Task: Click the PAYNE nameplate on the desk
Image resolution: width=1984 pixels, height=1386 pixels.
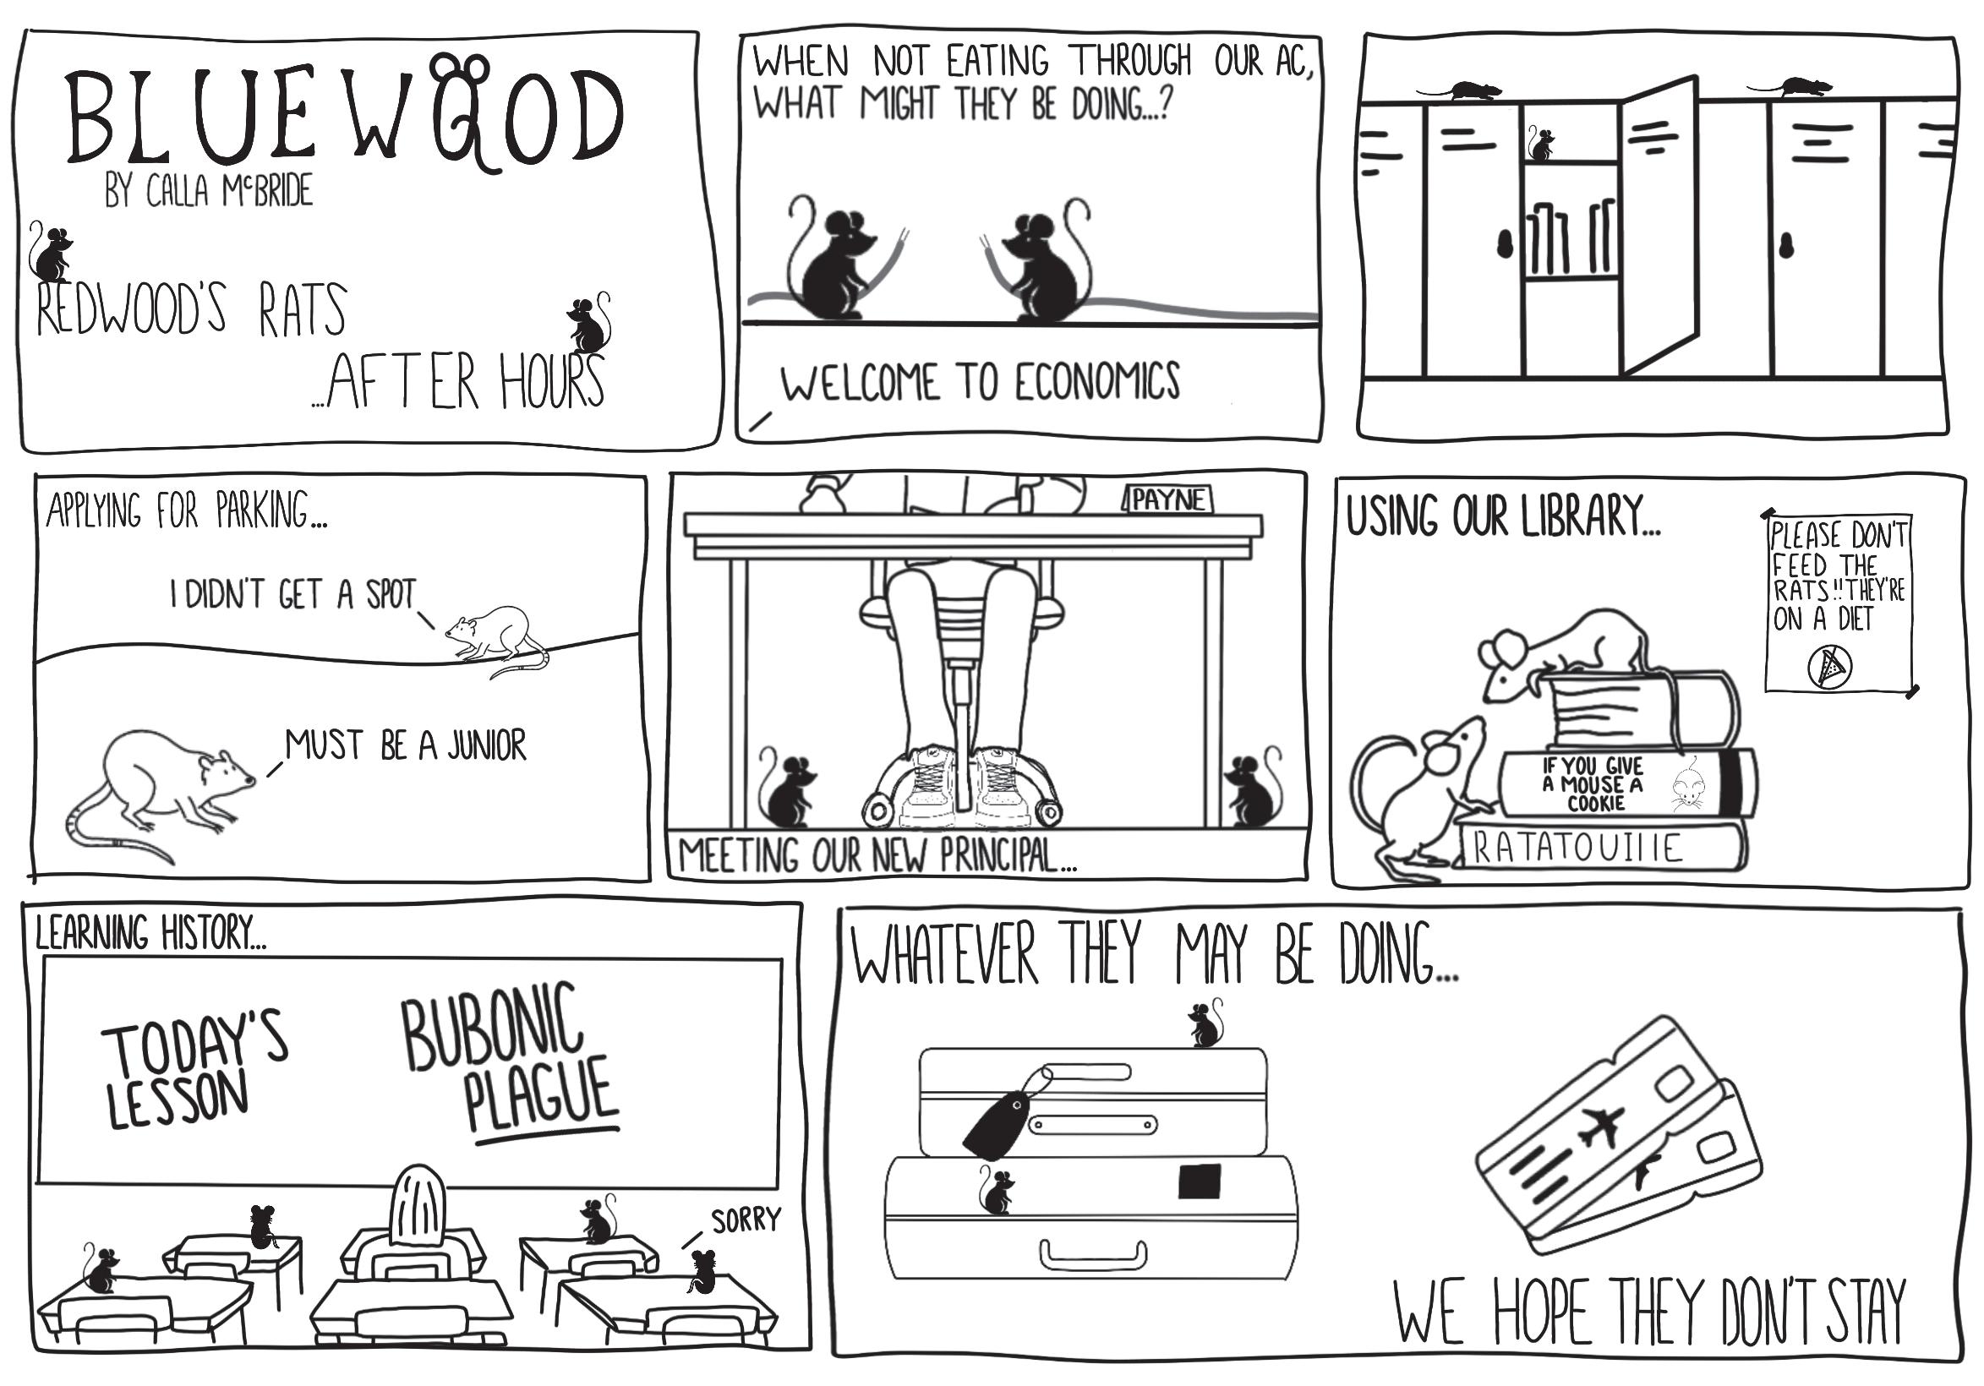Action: pos(1168,499)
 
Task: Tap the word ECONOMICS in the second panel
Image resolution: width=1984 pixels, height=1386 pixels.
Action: pos(1096,381)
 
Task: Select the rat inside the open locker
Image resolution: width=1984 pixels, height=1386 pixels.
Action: pos(1540,145)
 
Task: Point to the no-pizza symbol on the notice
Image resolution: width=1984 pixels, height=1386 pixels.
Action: pos(1829,667)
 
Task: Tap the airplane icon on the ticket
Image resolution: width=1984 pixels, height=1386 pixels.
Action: pos(1599,1127)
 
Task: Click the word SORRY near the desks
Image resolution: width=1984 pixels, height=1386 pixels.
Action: pos(746,1220)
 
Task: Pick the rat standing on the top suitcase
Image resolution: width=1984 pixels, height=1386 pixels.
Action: pos(1205,1025)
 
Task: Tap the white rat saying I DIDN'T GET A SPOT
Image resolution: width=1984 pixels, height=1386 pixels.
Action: pos(495,636)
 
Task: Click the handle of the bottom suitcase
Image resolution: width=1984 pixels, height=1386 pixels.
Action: pos(1093,1256)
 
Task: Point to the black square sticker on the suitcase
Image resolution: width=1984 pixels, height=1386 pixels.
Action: pos(1200,1181)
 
